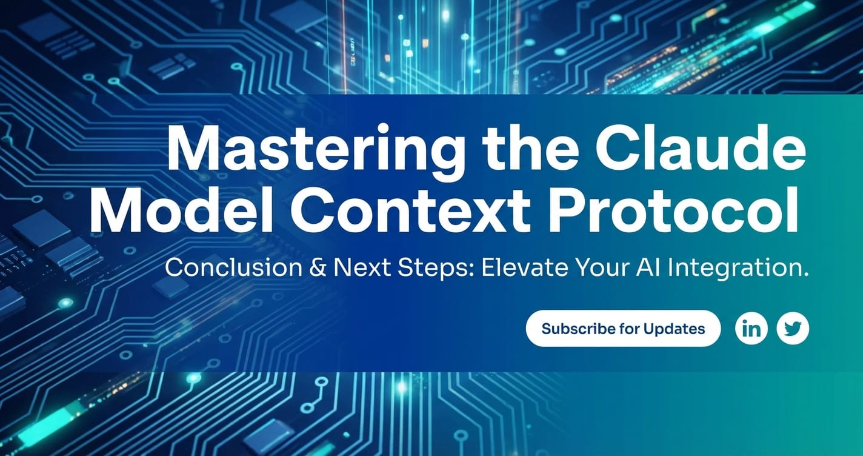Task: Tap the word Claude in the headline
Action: point(701,147)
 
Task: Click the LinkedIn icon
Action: point(751,329)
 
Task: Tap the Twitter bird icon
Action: point(793,329)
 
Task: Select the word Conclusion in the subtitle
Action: point(233,267)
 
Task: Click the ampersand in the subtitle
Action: point(318,267)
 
